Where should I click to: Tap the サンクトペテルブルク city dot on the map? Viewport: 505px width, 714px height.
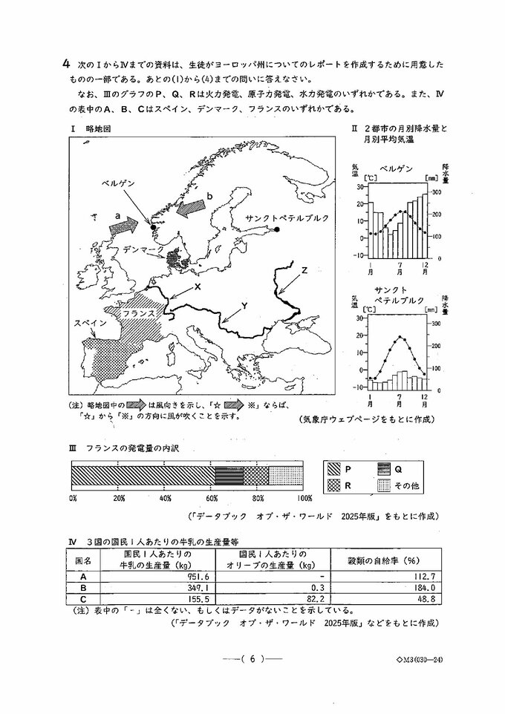[x=276, y=230]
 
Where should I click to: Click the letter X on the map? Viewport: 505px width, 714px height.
[x=198, y=286]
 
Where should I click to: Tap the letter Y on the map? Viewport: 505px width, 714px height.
[x=245, y=306]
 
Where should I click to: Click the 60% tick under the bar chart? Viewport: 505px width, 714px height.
[x=212, y=498]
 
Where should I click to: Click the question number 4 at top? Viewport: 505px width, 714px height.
[x=66, y=64]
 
